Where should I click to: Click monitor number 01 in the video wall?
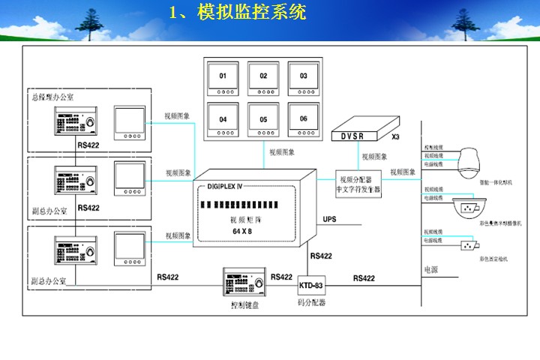223,80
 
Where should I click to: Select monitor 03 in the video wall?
303,80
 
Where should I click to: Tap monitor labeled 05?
263,123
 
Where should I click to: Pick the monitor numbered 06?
303,123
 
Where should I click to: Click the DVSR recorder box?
363,130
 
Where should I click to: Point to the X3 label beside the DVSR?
396,138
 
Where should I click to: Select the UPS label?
330,220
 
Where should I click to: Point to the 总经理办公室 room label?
52,97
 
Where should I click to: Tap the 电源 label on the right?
430,268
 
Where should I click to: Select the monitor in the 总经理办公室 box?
129,122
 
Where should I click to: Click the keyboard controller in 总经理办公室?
75,121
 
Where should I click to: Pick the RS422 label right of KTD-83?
364,278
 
